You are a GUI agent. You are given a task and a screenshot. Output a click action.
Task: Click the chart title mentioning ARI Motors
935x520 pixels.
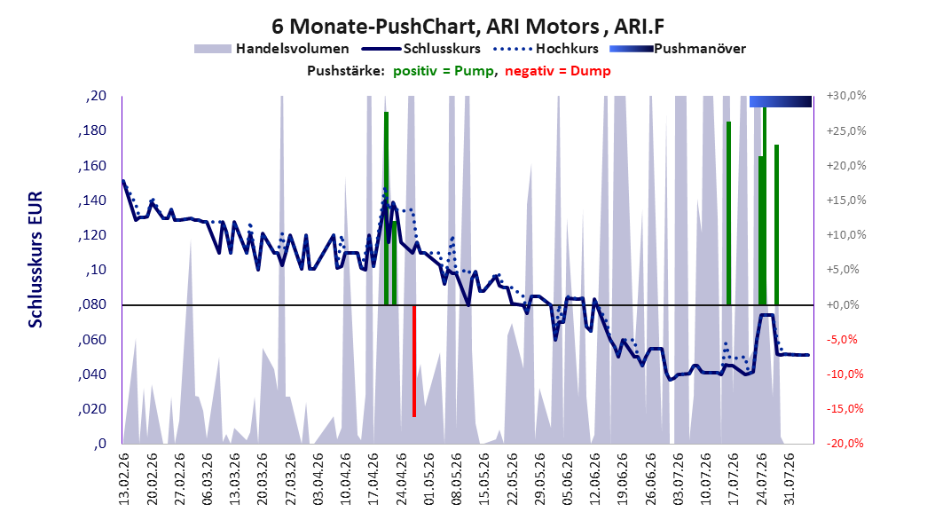click(x=468, y=27)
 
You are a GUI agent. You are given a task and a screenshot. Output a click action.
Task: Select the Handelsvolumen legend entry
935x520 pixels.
click(x=271, y=49)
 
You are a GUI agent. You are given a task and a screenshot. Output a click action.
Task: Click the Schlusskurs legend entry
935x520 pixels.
click(x=420, y=49)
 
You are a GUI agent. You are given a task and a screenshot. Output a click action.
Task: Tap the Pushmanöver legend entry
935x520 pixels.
click(x=678, y=49)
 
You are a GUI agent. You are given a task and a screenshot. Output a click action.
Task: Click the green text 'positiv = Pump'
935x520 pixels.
click(x=444, y=71)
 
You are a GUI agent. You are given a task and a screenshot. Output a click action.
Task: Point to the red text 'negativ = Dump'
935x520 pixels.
click(x=558, y=71)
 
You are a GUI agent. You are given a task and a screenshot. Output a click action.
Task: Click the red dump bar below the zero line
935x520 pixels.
click(x=414, y=361)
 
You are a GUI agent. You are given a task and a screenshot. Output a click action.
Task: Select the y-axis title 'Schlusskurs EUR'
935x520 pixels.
click(x=35, y=259)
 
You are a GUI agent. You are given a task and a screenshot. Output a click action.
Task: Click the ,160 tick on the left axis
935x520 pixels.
click(x=92, y=165)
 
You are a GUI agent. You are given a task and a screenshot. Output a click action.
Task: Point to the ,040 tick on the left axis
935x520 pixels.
click(x=92, y=374)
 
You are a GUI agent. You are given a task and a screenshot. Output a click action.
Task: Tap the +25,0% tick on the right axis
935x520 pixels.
click(x=846, y=130)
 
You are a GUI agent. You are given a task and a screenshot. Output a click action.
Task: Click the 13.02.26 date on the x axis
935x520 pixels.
click(x=124, y=479)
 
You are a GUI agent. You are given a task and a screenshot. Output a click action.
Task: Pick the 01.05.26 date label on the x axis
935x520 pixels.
click(x=428, y=479)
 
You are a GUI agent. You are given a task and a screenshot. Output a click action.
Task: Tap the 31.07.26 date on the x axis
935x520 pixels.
click(x=789, y=479)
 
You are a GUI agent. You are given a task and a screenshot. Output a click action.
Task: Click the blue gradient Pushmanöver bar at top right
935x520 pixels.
click(x=781, y=101)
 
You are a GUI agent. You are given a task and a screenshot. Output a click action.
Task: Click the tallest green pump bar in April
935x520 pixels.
click(x=387, y=209)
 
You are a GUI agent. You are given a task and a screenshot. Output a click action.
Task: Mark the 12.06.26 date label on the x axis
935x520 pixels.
click(x=595, y=479)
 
